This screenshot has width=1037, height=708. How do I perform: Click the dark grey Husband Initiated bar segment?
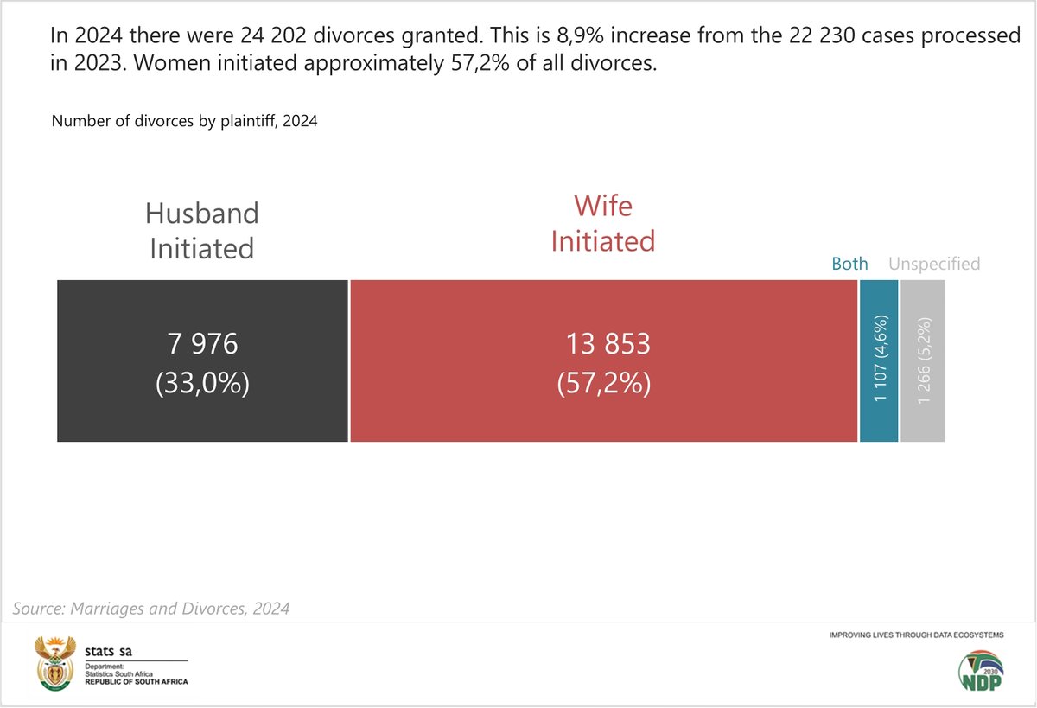[x=202, y=415]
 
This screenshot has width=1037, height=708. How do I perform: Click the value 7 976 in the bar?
[x=202, y=344]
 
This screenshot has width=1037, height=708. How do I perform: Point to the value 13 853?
[x=607, y=344]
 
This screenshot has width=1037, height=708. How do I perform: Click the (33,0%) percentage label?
[x=202, y=384]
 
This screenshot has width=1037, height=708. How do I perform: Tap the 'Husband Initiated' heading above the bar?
[x=202, y=230]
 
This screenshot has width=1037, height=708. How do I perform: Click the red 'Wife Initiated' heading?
[x=603, y=223]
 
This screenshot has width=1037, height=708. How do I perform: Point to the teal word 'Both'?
[x=849, y=264]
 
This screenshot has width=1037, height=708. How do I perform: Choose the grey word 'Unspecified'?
[x=934, y=264]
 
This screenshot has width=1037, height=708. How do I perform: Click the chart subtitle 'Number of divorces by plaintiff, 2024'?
[x=184, y=121]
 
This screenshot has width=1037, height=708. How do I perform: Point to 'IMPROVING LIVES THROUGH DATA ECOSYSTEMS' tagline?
[x=916, y=635]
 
